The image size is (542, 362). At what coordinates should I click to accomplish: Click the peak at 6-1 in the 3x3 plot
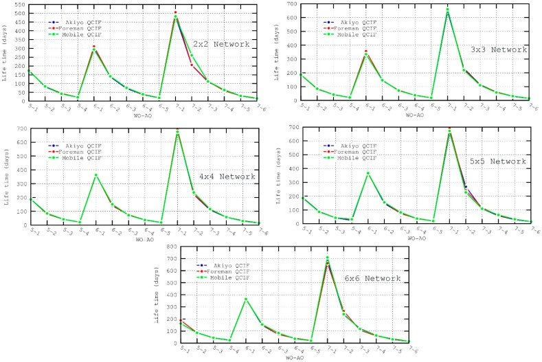coord(366,51)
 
